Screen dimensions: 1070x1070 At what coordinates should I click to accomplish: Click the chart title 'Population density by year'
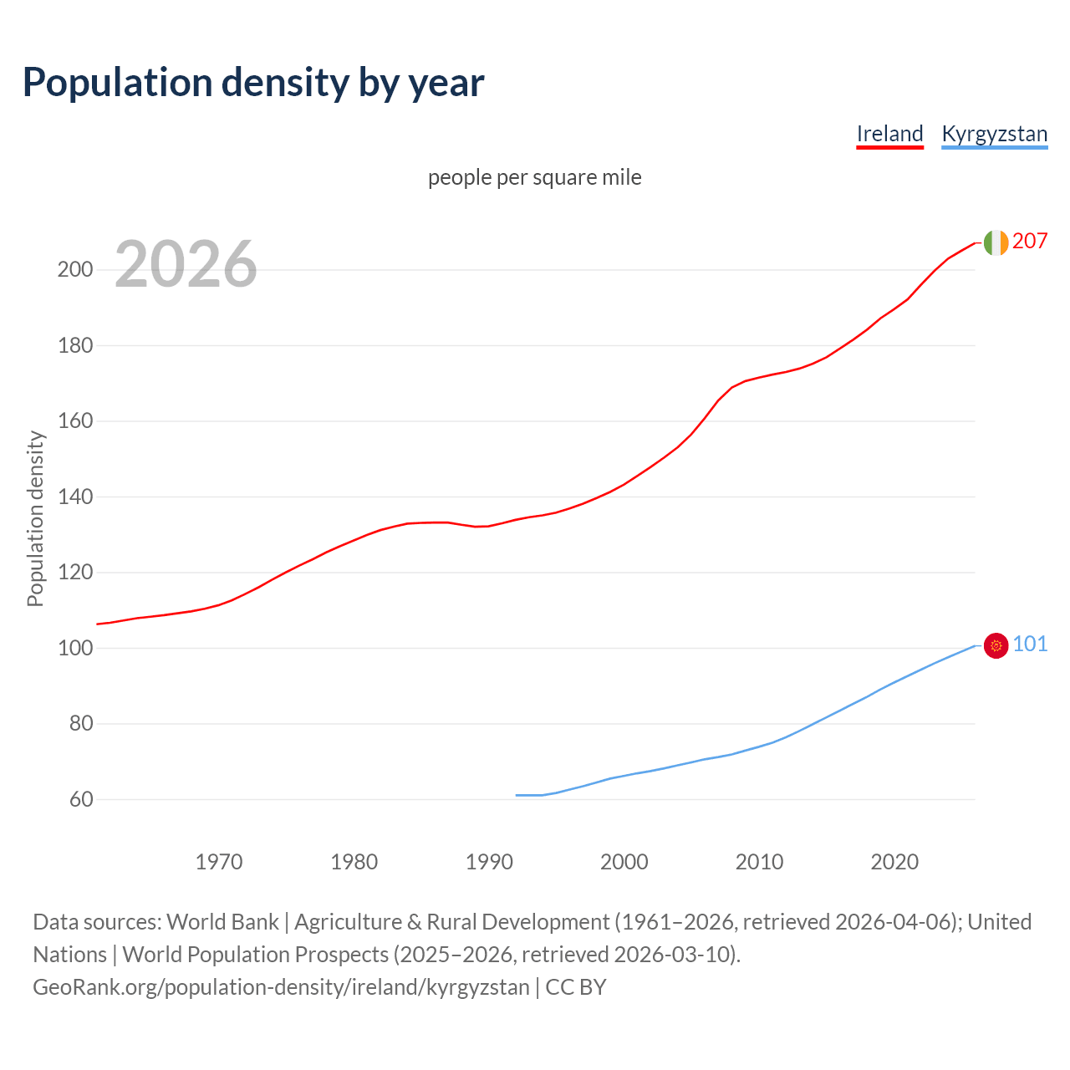[x=253, y=82]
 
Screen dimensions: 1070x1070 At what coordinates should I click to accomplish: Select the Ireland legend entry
[x=889, y=134]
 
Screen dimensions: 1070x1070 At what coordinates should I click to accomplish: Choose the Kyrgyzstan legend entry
[x=994, y=134]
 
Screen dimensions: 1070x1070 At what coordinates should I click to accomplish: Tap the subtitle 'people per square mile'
[x=534, y=177]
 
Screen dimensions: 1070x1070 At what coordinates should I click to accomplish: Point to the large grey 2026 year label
[x=186, y=264]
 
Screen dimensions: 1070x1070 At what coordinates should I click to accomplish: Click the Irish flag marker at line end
[x=996, y=242]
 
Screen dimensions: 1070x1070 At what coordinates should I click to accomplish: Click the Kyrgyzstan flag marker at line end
[x=996, y=645]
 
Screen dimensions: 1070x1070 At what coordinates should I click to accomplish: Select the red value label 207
[x=1029, y=242]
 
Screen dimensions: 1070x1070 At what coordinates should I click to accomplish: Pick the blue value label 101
[x=1029, y=645]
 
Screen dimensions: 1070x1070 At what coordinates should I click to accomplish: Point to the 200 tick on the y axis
[x=74, y=270]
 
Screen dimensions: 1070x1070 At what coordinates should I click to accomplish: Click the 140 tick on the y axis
[x=74, y=497]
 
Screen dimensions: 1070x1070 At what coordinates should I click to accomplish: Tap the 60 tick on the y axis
[x=80, y=800]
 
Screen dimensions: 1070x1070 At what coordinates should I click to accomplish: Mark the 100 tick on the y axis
[x=74, y=649]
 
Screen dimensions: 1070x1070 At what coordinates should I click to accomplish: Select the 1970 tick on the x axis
[x=219, y=862]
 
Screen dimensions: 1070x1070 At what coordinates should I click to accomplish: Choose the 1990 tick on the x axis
[x=489, y=862]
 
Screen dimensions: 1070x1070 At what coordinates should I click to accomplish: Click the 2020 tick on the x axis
[x=894, y=862]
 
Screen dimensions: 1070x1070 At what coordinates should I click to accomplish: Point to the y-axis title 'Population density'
[x=35, y=518]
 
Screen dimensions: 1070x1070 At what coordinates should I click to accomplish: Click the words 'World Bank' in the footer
[x=222, y=922]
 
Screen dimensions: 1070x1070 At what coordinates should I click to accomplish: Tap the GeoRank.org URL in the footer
[x=281, y=987]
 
